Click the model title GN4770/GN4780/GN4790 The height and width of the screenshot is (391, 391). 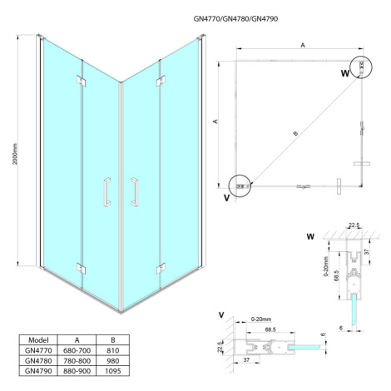[235, 18]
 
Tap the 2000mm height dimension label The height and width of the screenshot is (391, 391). [15, 154]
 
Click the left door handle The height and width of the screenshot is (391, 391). [106, 192]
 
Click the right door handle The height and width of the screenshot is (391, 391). [135, 192]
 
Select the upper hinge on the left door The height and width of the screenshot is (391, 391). [81, 81]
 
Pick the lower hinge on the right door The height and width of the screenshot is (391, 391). [161, 269]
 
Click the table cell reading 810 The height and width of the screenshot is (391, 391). [112, 350]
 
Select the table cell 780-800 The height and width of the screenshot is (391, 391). [77, 361]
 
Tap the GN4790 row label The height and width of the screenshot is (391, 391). [38, 371]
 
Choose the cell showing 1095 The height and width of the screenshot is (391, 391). [112, 371]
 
